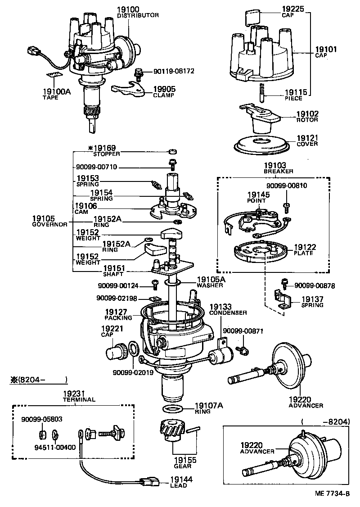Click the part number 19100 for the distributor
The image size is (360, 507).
(128, 9)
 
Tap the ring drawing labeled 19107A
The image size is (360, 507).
(172, 409)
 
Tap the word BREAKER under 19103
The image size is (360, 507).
(279, 171)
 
